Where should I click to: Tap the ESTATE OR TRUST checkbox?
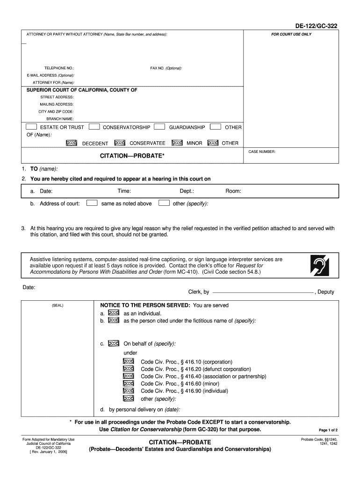[31, 127]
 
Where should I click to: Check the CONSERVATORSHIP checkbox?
[94, 127]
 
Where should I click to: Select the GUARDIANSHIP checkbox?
[159, 127]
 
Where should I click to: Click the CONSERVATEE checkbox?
[120, 143]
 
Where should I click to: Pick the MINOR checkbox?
[177, 143]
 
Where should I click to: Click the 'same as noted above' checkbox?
[93, 203]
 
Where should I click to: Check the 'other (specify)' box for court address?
[164, 203]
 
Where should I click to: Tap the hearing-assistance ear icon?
[320, 266]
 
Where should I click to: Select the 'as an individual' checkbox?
[113, 313]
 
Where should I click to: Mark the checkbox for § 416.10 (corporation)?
[129, 362]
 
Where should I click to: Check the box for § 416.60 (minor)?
[129, 384]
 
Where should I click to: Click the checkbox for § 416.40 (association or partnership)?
[129, 376]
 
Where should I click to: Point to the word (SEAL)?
[58, 305]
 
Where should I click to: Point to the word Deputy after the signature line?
[325, 292]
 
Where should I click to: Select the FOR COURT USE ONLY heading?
[291, 35]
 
